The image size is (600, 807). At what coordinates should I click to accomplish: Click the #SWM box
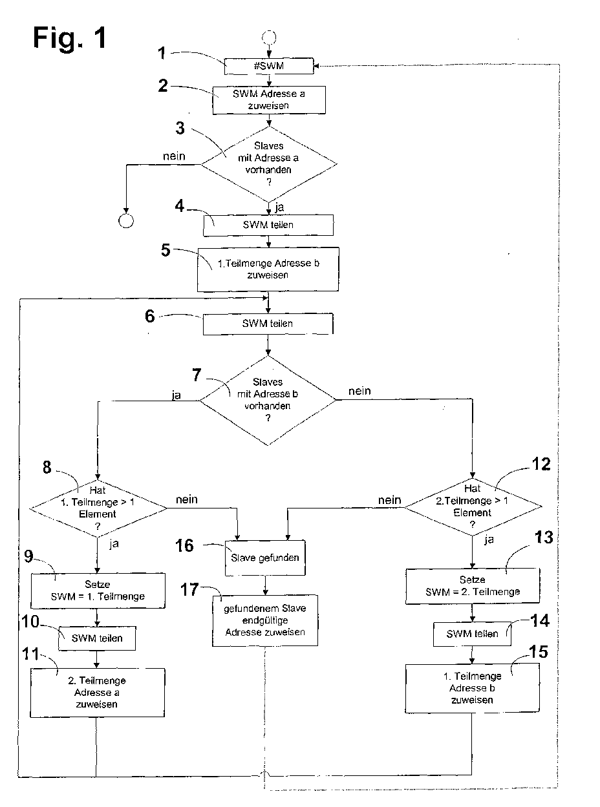coord(269,66)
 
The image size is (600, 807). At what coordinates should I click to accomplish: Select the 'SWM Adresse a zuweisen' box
coord(269,100)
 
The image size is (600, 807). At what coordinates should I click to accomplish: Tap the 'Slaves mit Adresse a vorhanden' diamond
coord(269,164)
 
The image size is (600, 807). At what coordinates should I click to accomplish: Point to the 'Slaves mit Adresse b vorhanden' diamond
coord(268,400)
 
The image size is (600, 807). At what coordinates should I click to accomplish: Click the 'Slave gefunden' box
coord(265,558)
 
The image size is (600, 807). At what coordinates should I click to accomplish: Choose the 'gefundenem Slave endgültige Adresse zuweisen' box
coord(265,620)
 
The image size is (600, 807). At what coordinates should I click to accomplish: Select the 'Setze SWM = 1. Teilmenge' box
coord(98,591)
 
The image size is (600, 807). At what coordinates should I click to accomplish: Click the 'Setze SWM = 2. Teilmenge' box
coord(473,586)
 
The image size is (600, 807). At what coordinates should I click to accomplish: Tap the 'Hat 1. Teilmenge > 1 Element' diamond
coord(98,508)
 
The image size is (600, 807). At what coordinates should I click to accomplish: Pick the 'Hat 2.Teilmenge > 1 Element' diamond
coord(473,507)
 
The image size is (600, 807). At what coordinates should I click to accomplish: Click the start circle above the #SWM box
coord(269,37)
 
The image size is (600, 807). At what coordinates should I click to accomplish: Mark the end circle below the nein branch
coord(126,221)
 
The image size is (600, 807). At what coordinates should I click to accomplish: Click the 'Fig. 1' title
coord(70,37)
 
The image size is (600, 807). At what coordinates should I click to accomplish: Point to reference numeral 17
coord(189,590)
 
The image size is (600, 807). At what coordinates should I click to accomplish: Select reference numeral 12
coord(541,465)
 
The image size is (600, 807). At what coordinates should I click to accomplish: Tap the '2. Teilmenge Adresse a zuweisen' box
coord(97,693)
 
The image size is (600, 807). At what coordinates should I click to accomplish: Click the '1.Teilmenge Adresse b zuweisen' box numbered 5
coord(268,269)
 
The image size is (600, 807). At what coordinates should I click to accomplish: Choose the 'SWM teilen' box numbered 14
coord(472,634)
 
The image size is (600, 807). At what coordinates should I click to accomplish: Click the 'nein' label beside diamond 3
coord(174,156)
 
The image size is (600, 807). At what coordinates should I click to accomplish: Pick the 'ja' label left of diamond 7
coord(177,395)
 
